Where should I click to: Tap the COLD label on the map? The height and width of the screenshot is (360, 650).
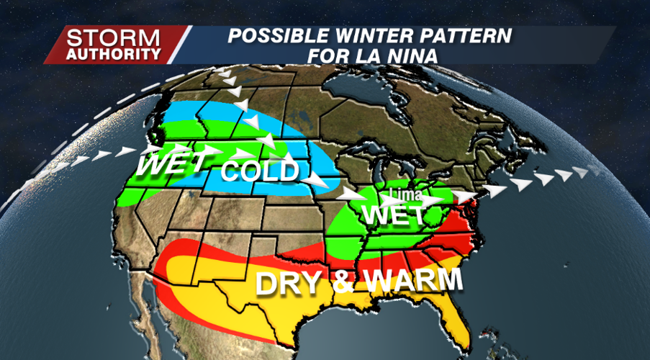tap(259, 171)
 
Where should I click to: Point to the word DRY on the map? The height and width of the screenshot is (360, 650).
tap(292, 282)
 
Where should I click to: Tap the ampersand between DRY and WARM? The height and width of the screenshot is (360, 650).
tap(345, 282)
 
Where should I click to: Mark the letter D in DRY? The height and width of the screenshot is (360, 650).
tap(267, 283)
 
